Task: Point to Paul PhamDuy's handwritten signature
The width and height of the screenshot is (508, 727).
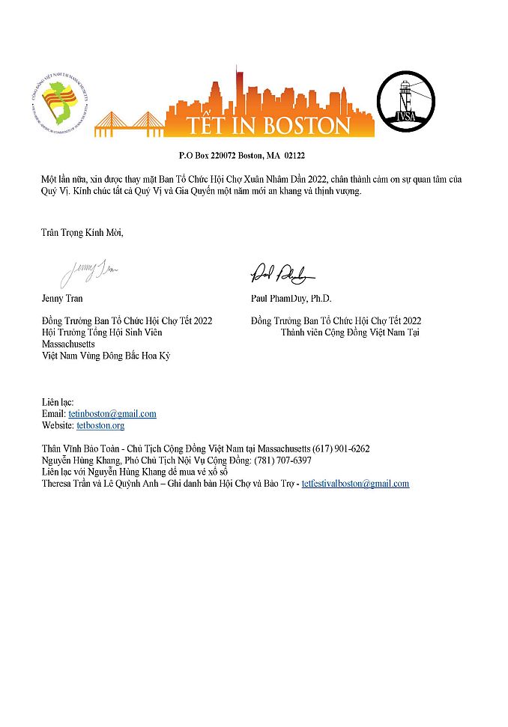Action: tap(282, 274)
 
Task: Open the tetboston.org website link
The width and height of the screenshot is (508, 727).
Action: tap(100, 425)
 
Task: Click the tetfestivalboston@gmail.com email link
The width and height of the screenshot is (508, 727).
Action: tap(355, 484)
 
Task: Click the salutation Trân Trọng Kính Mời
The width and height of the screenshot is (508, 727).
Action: tap(82, 232)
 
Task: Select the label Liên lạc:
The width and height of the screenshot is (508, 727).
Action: tap(58, 403)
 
